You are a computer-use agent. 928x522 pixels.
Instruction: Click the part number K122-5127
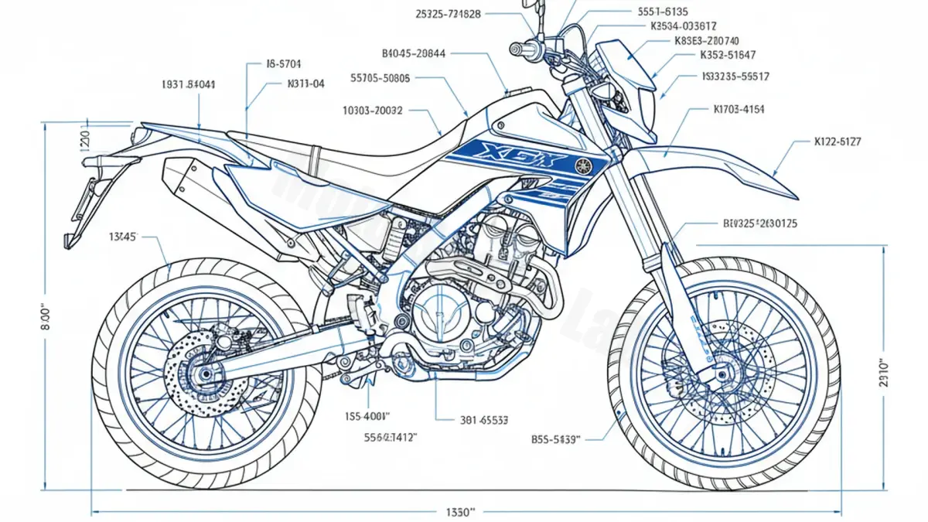(x=838, y=142)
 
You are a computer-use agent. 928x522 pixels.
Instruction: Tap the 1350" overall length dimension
(x=460, y=512)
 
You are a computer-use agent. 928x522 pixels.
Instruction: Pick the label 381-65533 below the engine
(x=484, y=420)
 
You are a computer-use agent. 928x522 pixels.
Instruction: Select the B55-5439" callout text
(x=554, y=438)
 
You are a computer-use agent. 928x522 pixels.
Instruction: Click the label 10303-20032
(x=372, y=111)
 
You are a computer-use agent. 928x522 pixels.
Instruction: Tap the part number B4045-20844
(x=414, y=53)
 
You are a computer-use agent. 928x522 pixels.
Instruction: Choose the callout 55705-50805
(x=380, y=77)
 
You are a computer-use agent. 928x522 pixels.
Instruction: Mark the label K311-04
(x=305, y=83)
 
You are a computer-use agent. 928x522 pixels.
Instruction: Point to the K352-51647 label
(x=728, y=55)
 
